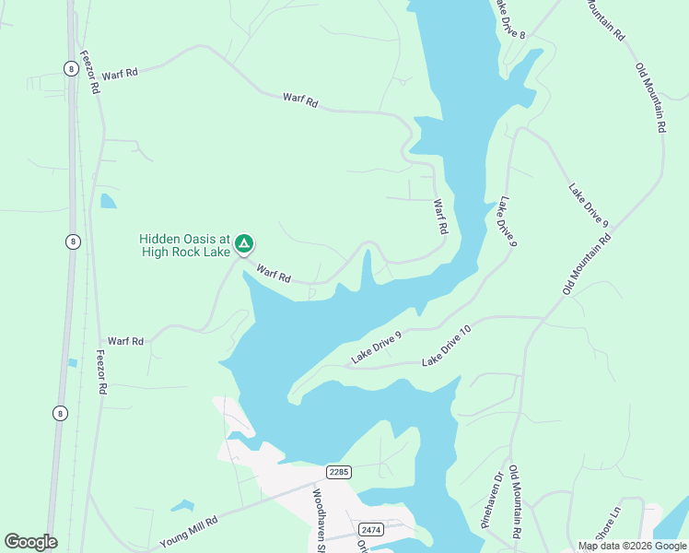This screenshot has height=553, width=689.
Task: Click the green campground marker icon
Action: pos(244,244)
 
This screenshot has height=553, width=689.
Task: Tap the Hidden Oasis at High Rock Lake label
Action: pos(184,245)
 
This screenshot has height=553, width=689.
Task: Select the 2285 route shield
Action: pos(339,472)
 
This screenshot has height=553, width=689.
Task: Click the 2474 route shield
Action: pos(371,529)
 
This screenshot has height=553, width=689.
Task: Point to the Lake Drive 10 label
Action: pos(447,346)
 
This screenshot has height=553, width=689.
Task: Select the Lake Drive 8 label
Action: pos(509,18)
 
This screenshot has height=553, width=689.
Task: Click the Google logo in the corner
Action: pos(30,542)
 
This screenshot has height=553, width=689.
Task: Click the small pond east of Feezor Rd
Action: pos(109,201)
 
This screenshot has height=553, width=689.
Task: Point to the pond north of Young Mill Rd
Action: pos(182,506)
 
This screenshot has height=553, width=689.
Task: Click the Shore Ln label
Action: pos(609,524)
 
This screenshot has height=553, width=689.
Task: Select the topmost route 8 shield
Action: pos(71,68)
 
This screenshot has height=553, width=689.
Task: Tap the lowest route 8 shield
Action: pos(60,413)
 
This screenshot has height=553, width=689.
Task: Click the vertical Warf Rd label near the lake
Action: pos(439,216)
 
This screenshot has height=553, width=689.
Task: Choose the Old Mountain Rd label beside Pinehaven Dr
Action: pos(515,502)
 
